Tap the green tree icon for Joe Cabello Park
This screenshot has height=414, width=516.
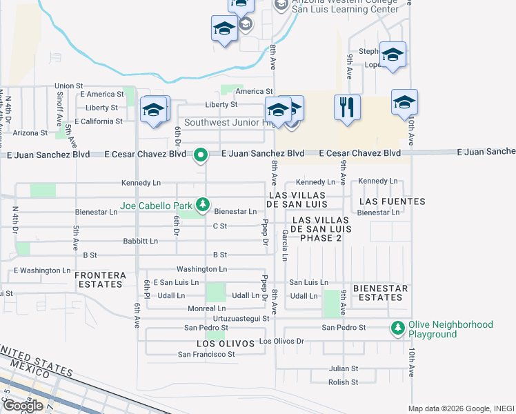click(203, 204)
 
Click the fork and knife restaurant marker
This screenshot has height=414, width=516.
click(346, 108)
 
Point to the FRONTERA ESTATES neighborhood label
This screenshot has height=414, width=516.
click(101, 279)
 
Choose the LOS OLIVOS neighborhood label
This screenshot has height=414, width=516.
click(221, 343)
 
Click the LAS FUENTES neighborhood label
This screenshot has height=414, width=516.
click(392, 201)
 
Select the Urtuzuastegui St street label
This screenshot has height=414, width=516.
click(240, 318)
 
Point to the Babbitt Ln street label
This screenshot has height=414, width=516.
click(139, 241)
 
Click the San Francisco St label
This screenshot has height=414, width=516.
click(207, 355)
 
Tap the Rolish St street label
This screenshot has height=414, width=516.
click(343, 382)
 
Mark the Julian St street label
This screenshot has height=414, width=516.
click(344, 369)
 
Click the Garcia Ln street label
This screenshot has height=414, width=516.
click(284, 246)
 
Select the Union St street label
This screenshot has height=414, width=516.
click(68, 86)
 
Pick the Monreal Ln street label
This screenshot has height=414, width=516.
click(206, 308)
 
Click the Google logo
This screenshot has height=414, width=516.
click(23, 406)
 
